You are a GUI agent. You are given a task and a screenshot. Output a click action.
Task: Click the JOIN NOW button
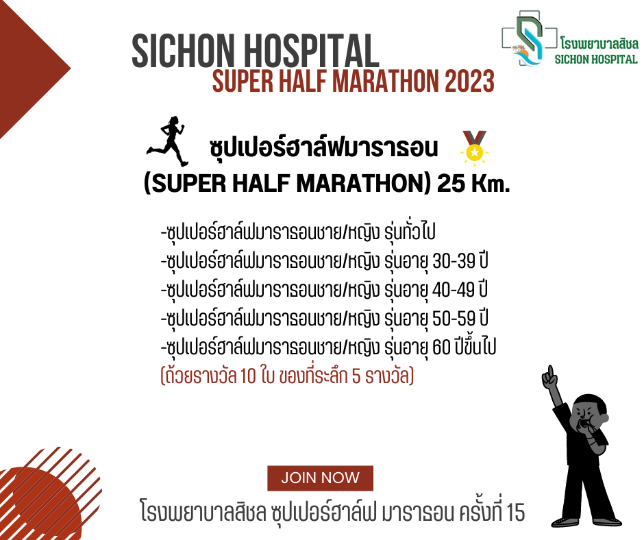(x=320, y=478)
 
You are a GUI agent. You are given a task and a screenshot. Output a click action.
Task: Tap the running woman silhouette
(x=169, y=141)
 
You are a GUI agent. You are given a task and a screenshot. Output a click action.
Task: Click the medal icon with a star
(x=474, y=148)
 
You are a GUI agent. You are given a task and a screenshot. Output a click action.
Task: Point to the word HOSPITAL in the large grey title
(x=312, y=51)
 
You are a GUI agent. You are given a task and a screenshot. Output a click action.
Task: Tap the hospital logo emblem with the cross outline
(x=529, y=38)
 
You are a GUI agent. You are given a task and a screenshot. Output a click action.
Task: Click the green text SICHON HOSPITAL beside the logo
(x=596, y=59)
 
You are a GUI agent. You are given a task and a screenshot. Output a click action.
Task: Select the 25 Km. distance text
(x=473, y=183)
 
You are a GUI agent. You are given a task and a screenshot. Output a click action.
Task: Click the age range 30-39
(x=454, y=261)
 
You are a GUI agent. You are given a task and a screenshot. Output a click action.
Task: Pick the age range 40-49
(x=454, y=290)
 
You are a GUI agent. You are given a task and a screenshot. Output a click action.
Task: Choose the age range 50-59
(x=454, y=319)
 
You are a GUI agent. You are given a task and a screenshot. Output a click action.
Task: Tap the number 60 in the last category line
(x=441, y=347)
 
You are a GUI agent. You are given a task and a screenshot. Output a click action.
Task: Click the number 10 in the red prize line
(x=248, y=376)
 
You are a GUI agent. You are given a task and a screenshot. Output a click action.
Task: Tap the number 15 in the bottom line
(x=516, y=513)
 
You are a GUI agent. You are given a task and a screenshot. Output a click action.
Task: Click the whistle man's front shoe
(x=565, y=522)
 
